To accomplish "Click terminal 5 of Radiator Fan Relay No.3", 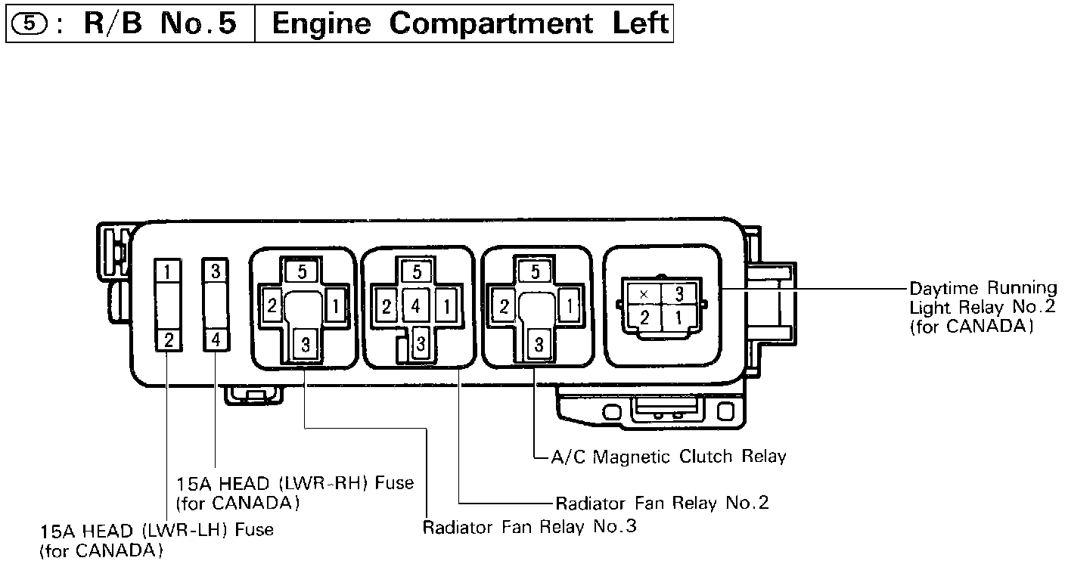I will click(302, 271).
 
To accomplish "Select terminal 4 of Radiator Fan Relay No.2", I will click(415, 307).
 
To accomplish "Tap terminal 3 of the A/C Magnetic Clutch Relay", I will click(539, 346).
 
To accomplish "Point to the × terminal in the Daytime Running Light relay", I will click(644, 293).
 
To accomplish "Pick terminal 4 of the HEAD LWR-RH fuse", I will click(216, 340).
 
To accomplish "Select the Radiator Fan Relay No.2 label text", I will click(662, 504).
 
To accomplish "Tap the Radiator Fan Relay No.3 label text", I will click(529, 526).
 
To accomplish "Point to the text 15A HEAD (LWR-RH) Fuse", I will click(295, 483).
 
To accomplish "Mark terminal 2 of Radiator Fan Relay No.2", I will click(387, 307).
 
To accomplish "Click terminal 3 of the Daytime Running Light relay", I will click(678, 293).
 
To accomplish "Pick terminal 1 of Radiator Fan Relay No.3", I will click(335, 307).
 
